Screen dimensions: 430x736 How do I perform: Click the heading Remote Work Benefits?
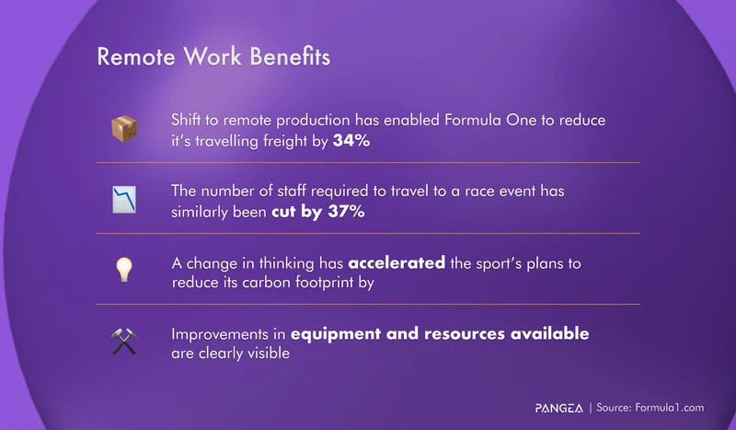(213, 57)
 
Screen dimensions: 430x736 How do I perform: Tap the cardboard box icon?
(124, 129)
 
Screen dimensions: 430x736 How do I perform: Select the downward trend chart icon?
(124, 200)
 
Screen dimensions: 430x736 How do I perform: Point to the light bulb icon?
(124, 270)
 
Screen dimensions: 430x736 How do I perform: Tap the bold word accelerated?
(397, 263)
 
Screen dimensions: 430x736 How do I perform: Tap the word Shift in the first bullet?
(188, 121)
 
